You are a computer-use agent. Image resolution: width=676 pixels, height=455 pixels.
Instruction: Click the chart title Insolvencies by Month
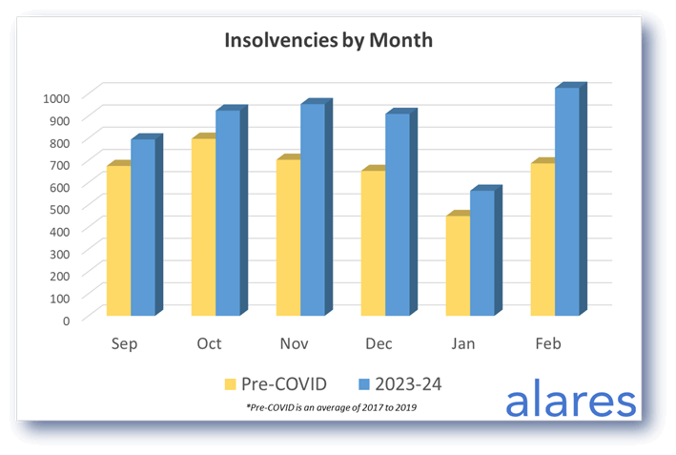pyautogui.click(x=328, y=41)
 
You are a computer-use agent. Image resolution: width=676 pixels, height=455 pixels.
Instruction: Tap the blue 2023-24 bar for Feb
pyautogui.click(x=566, y=201)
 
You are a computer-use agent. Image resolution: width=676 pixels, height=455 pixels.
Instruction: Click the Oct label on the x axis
pyautogui.click(x=209, y=343)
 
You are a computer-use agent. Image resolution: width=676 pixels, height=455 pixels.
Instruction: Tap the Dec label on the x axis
pyautogui.click(x=379, y=343)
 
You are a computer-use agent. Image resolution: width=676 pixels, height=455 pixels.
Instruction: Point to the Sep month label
pyautogui.click(x=124, y=343)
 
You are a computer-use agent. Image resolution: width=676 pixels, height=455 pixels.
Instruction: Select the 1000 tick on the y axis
pyautogui.click(x=56, y=97)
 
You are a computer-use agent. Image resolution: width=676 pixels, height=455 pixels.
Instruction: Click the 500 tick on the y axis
pyautogui.click(x=59, y=208)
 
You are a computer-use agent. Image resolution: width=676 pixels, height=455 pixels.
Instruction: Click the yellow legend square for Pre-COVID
pyautogui.click(x=230, y=384)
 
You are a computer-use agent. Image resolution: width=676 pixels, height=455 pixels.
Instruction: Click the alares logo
pyautogui.click(x=569, y=400)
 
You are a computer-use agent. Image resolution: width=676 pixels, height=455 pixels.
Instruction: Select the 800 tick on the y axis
pyautogui.click(x=59, y=142)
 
